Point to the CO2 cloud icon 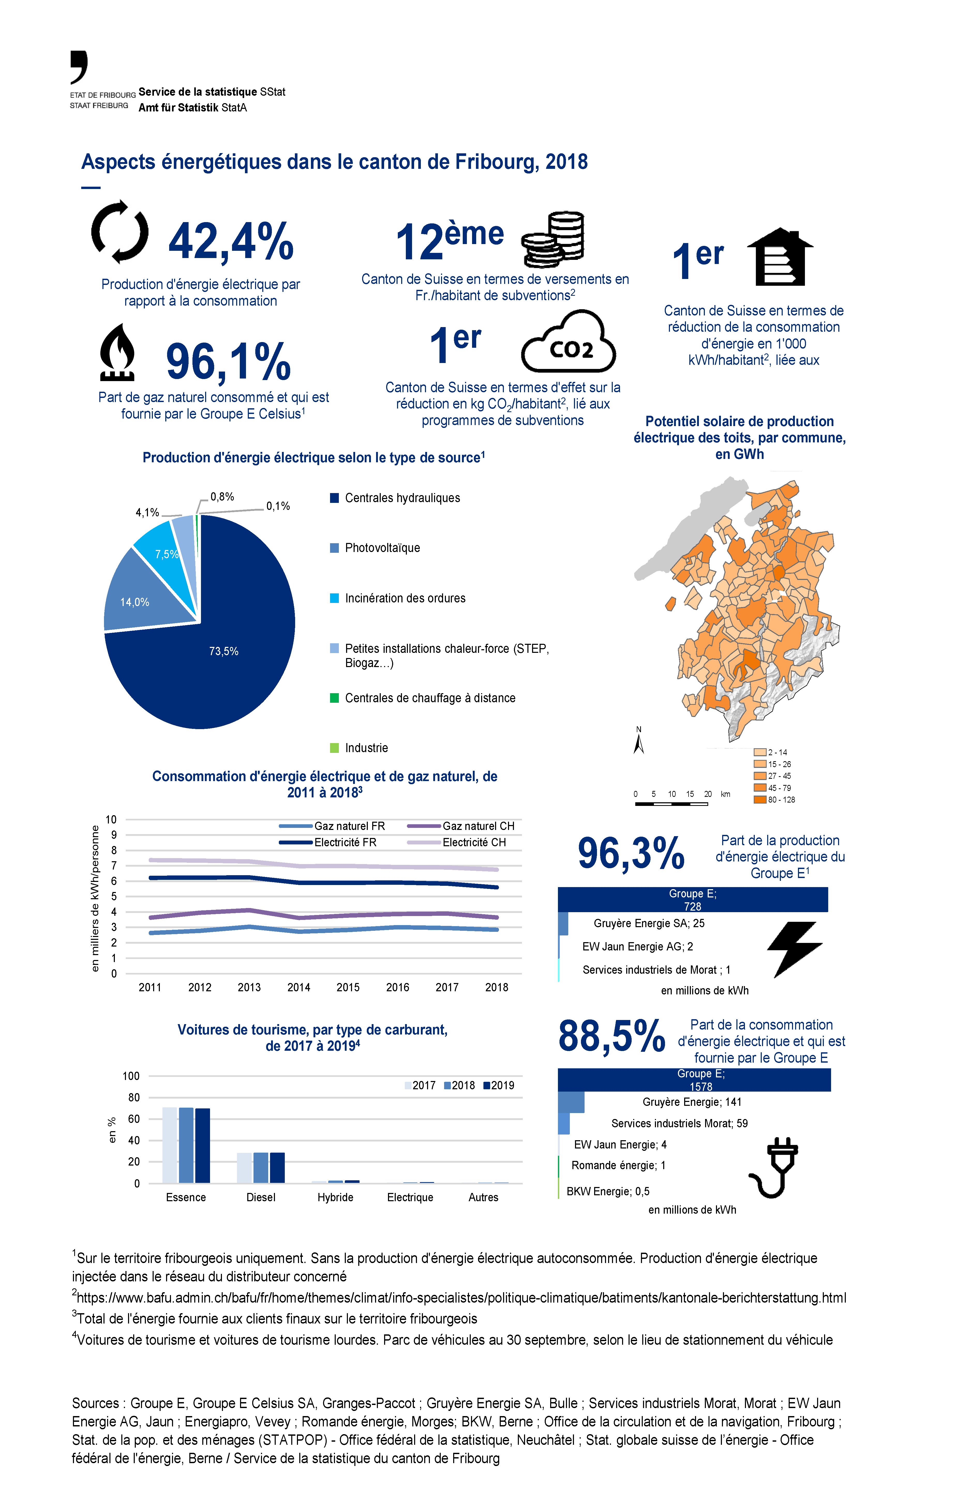pyautogui.click(x=569, y=342)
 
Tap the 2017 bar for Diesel pyautogui.click(x=244, y=1168)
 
